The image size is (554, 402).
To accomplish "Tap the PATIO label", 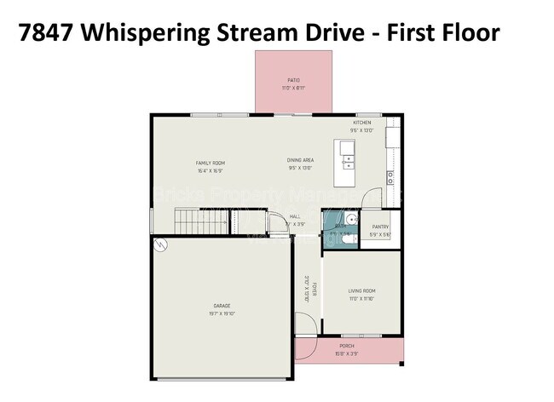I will (x=293, y=80).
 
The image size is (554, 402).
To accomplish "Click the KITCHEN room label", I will (x=362, y=123).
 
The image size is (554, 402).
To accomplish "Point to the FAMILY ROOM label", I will (x=210, y=163).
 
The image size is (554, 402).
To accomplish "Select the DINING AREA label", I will (x=300, y=160).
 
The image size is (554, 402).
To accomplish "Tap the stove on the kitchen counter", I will (x=390, y=177).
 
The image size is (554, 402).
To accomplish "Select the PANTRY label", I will (x=380, y=227).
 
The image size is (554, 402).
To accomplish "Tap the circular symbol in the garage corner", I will (x=159, y=244).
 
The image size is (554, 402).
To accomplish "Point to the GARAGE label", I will (x=222, y=306).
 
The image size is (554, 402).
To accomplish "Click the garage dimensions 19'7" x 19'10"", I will (x=222, y=313).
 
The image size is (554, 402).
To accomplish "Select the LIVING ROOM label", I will (x=362, y=291).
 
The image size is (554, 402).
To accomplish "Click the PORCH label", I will (x=347, y=346).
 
